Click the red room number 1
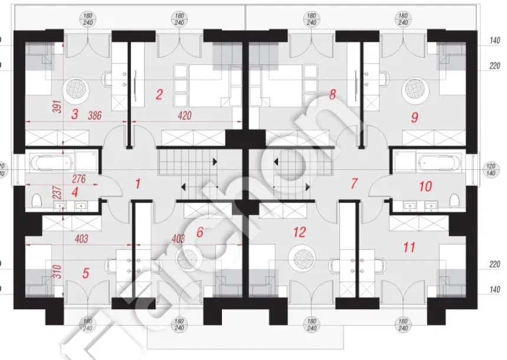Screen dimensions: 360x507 tap(138, 184)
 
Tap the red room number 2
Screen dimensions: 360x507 tap(158, 93)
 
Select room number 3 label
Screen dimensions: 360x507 tap(74, 115)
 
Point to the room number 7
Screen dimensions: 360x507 tap(354, 184)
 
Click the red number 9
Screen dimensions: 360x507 tap(414, 117)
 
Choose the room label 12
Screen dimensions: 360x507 tap(299, 233)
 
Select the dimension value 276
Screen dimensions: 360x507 tap(80, 177)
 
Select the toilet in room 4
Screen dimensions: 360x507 tap(37, 201)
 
